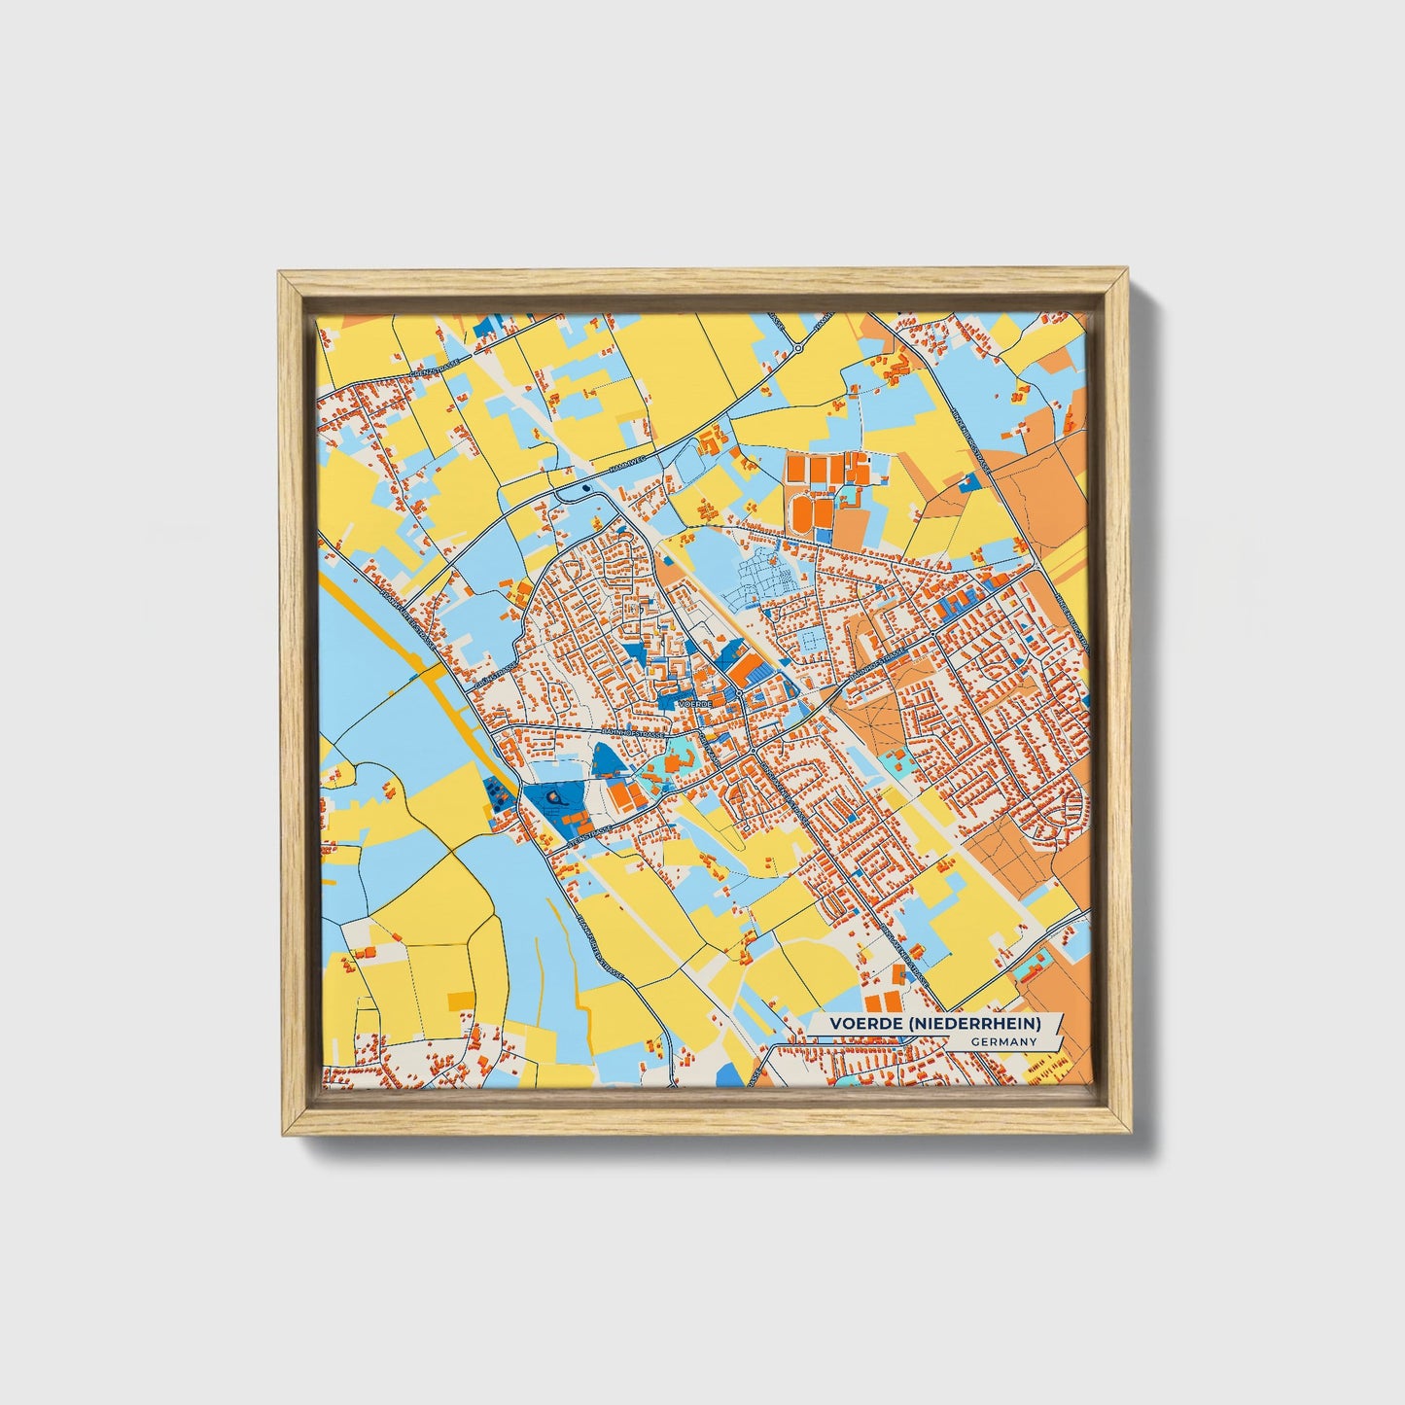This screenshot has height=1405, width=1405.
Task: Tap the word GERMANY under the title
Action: click(1002, 1041)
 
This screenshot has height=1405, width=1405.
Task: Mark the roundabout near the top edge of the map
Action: click(797, 347)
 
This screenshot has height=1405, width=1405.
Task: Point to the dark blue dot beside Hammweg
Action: click(585, 488)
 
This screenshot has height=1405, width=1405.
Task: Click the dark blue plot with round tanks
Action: click(497, 796)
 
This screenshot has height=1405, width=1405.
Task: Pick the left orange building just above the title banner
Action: click(872, 1001)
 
